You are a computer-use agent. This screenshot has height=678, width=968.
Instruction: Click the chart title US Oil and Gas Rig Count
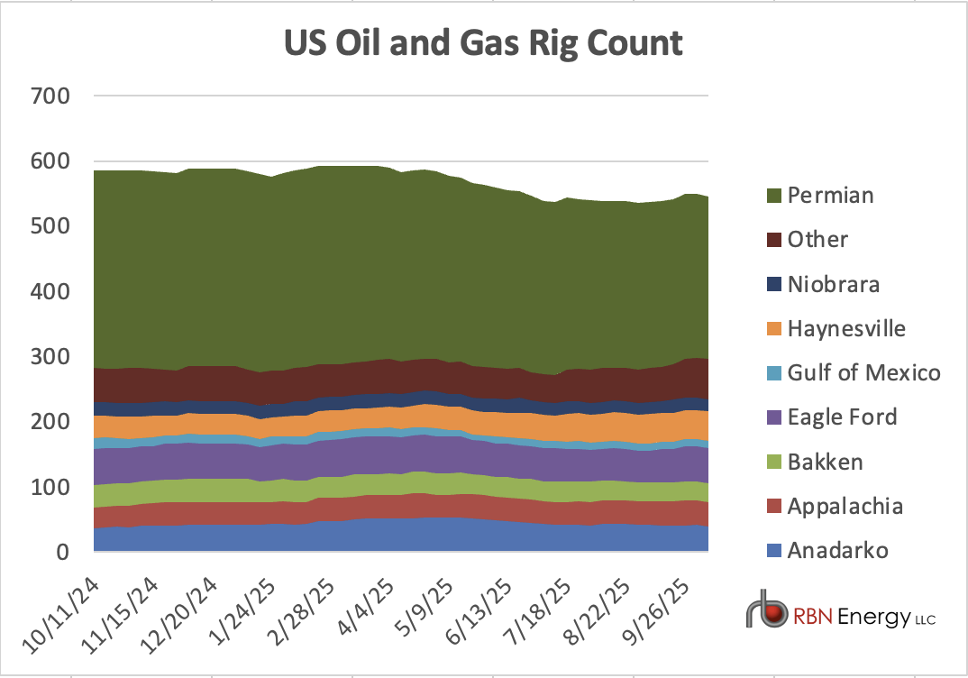point(483,42)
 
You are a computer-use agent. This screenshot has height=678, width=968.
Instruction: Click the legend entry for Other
point(817,240)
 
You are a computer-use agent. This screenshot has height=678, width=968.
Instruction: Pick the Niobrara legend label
point(833,284)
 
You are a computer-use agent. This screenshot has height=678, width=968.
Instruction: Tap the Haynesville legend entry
point(845,328)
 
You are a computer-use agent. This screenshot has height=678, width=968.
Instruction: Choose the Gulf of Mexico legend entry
point(863,372)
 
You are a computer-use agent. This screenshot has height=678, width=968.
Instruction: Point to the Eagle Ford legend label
point(842,417)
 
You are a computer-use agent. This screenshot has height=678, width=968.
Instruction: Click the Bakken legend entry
point(825,462)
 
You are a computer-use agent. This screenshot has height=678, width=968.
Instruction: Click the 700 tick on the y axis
point(50,96)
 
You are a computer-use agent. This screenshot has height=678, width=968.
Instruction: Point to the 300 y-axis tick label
point(50,357)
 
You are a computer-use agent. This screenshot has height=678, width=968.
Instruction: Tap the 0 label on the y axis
point(63,553)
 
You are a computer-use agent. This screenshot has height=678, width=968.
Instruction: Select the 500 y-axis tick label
point(50,226)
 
